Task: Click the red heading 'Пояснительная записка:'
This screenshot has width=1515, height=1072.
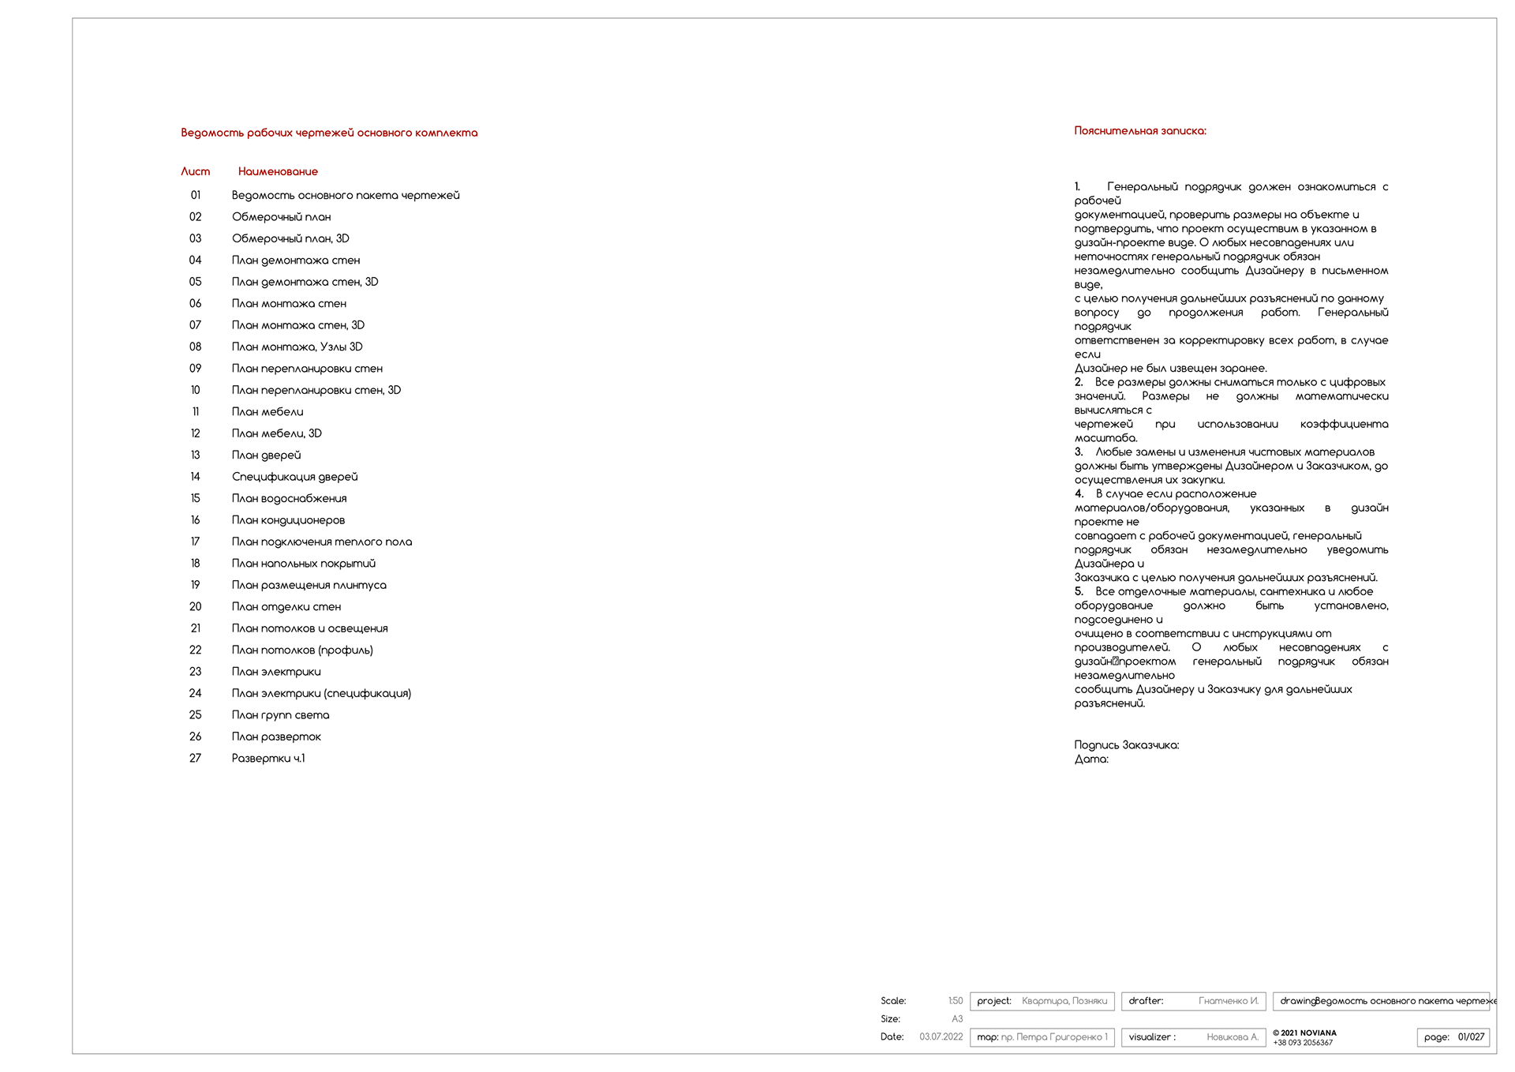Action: [1139, 131]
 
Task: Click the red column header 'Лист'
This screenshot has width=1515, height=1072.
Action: [195, 171]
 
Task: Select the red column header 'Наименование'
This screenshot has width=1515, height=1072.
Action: [278, 171]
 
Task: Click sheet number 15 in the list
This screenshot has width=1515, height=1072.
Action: [195, 498]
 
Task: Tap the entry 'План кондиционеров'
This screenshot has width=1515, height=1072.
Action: [288, 520]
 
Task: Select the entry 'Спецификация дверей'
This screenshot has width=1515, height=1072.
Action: [294, 477]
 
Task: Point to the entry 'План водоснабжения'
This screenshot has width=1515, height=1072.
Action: [289, 498]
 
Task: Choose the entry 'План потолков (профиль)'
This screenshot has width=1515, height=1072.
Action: [302, 650]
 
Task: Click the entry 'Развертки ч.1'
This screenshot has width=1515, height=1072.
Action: [268, 758]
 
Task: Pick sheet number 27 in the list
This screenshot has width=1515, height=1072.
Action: [195, 758]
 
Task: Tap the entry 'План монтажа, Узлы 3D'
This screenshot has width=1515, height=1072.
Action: [297, 347]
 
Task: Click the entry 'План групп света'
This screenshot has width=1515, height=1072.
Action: [280, 715]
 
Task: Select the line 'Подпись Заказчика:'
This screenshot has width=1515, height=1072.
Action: [1126, 745]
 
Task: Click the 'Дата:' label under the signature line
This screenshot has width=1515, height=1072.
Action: [1091, 759]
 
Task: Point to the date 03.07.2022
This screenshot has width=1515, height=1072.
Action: [941, 1036]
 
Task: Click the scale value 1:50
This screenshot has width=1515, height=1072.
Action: [955, 1001]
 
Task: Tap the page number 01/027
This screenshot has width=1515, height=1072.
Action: [1471, 1037]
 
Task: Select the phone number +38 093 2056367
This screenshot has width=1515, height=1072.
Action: [1302, 1043]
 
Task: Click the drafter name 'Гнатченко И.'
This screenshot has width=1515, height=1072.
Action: [1228, 1001]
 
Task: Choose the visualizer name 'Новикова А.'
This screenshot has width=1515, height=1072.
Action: [1232, 1037]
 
